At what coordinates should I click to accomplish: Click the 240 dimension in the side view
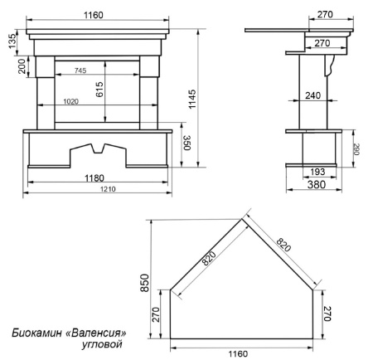[x=313, y=95]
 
